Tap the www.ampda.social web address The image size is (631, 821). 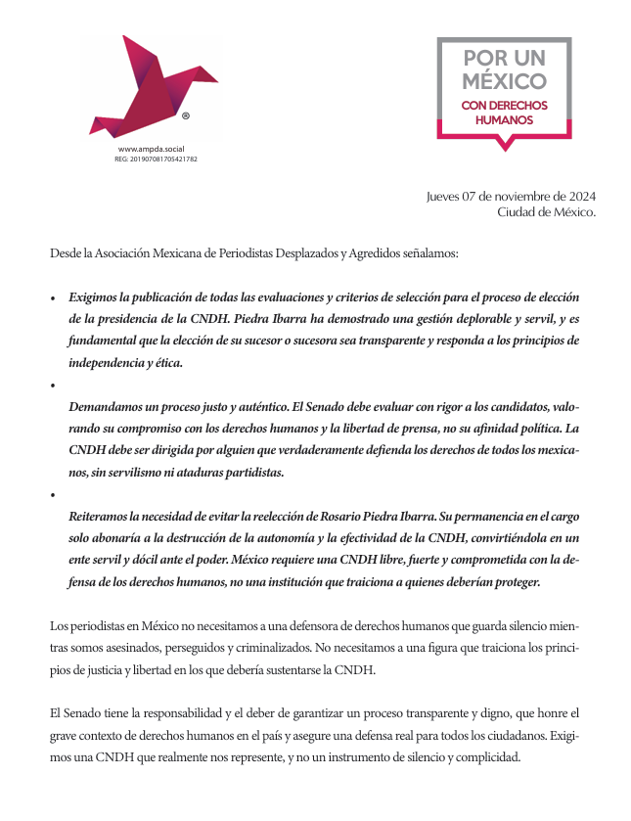click(x=152, y=148)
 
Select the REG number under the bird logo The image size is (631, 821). click(x=156, y=158)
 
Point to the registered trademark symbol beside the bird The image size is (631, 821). click(x=186, y=115)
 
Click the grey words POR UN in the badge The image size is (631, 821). click(x=504, y=58)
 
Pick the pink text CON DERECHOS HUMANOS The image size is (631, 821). click(x=504, y=113)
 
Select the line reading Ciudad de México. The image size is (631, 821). click(x=546, y=211)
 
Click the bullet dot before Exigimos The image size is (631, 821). click(x=53, y=297)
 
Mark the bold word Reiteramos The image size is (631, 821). click(x=104, y=515)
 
